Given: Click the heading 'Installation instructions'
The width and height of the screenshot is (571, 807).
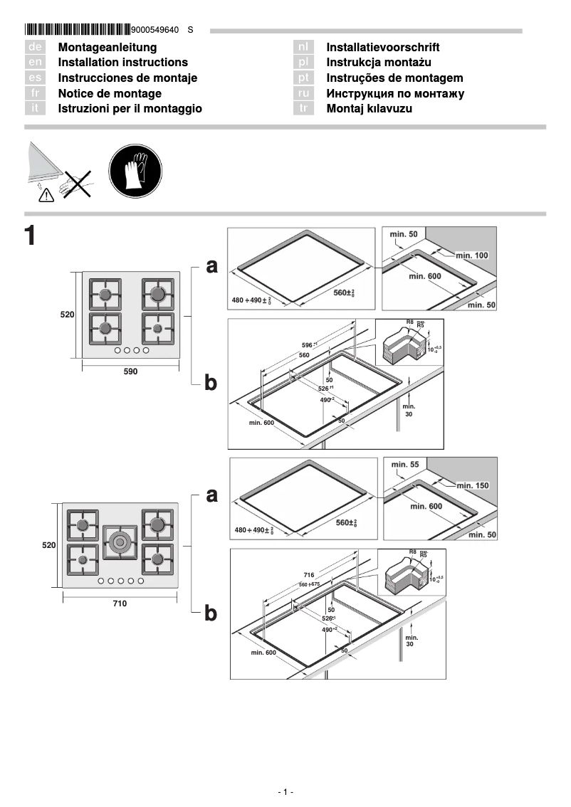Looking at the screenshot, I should click(x=122, y=63).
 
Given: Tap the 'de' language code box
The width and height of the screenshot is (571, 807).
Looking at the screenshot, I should click(x=35, y=47).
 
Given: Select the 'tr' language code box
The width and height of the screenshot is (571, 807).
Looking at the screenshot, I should click(x=303, y=108).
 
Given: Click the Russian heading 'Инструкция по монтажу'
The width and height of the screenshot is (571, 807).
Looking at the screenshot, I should click(x=395, y=93).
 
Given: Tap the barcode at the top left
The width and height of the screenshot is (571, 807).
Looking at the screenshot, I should click(x=77, y=30).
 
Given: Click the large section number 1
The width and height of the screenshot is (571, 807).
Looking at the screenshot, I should click(x=30, y=236).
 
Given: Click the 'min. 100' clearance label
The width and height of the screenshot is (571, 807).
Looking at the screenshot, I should click(x=472, y=255).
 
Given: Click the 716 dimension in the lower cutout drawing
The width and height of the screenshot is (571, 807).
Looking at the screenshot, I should click(x=308, y=574).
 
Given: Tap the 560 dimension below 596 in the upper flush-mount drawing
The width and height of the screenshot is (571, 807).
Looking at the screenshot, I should click(x=304, y=354).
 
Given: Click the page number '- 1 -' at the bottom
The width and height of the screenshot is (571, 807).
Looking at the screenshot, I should click(x=285, y=792).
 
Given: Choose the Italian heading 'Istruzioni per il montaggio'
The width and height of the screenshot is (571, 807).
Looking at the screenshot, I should click(x=130, y=109).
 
